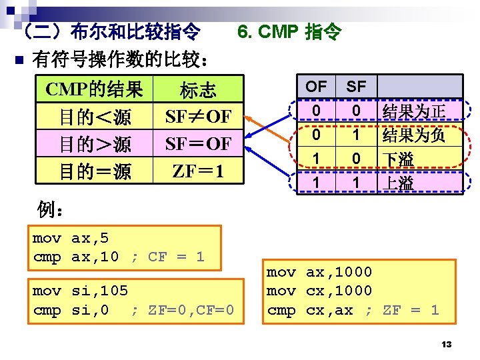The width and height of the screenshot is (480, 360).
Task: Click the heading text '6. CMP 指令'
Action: pos(289,31)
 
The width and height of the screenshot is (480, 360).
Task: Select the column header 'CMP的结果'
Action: pos(94,89)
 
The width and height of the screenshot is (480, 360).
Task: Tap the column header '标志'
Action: pos(198,90)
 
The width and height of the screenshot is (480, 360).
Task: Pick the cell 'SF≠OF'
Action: pos(198,117)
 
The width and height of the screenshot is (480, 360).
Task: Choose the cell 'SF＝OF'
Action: pos(198,144)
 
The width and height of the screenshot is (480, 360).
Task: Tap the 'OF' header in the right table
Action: pos(316,86)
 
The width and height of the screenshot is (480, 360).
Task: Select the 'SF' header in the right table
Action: pos(357,86)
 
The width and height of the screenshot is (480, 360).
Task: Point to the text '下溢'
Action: pos(398,159)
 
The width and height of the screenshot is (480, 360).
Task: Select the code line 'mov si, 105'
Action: pos(80,291)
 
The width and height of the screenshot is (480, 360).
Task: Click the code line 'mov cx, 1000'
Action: pos(319,291)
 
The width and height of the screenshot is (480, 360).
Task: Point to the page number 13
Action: pos(447,344)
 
